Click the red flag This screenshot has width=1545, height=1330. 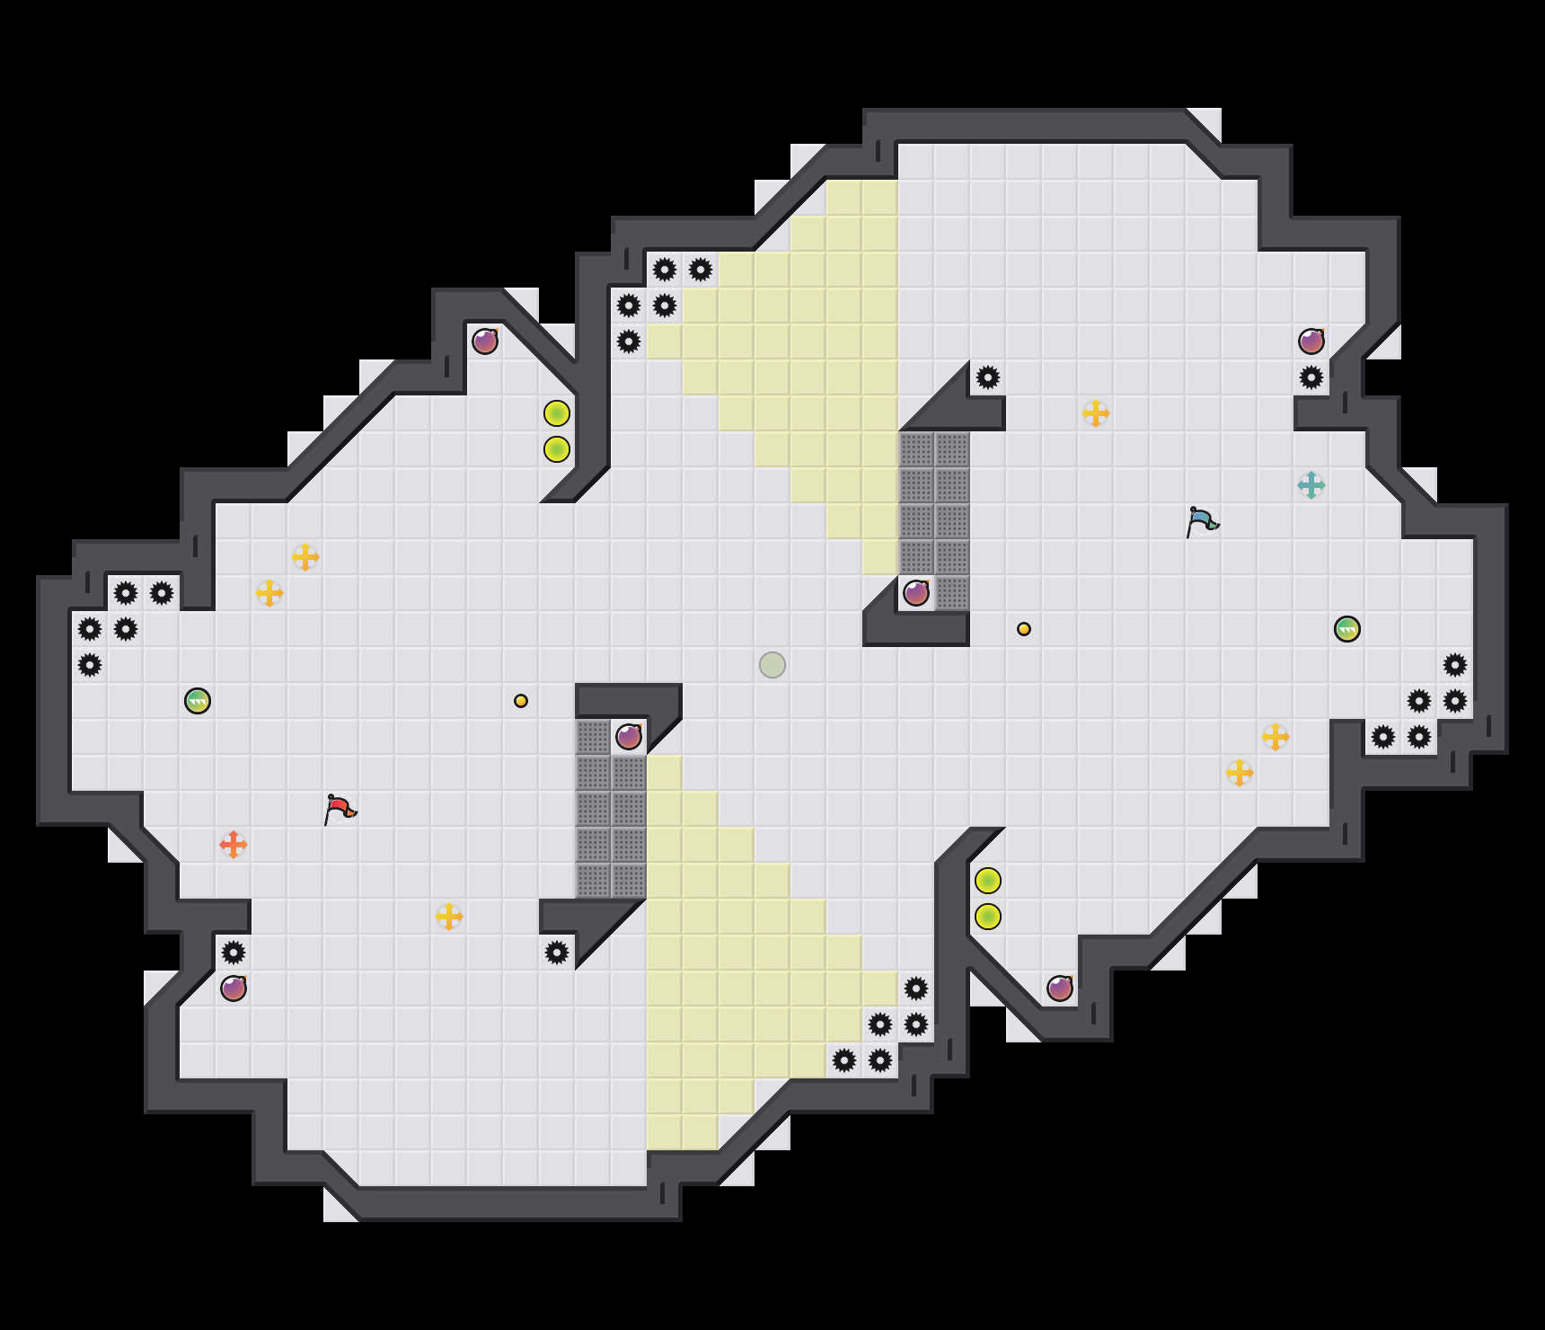coord(340,809)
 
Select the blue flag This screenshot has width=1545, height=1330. coord(1202,521)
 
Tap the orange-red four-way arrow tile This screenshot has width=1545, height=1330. coord(234,845)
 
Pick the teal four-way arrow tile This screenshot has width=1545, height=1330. coord(1311,485)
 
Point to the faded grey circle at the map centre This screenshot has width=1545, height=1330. coord(772,665)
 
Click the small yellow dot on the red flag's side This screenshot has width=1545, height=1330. coord(521,701)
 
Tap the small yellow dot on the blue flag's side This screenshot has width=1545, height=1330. coord(1024,629)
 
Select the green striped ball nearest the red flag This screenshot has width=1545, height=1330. coord(198,701)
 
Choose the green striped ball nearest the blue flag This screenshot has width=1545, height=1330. coord(1347,629)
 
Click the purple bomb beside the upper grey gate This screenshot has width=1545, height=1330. coord(916,593)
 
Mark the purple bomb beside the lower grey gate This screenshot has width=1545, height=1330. coord(629,737)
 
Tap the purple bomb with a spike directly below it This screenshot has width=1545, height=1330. coord(1311,341)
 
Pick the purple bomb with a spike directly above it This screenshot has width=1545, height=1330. coord(234,989)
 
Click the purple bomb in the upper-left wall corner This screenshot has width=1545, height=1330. coord(485,341)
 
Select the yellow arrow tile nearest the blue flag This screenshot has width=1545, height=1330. coord(1096,413)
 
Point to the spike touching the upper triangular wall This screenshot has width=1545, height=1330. coord(988,377)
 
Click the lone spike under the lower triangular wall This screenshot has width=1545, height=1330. coord(557,953)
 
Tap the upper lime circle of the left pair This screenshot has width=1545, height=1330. coord(557,413)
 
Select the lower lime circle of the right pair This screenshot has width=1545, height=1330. coord(988,917)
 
